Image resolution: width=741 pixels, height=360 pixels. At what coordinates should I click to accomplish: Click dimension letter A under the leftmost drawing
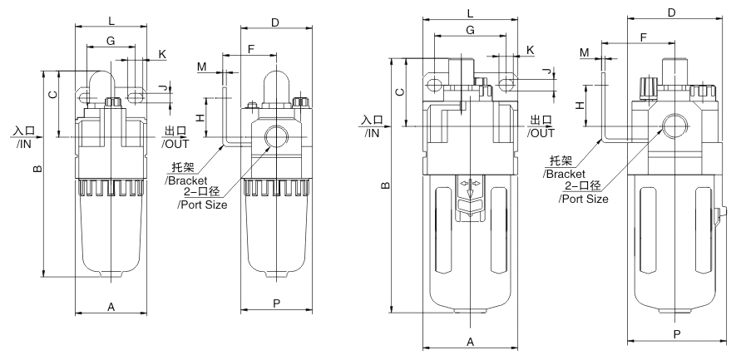coord(111,306)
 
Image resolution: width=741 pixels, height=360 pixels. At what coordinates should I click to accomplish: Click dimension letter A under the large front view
coord(470,342)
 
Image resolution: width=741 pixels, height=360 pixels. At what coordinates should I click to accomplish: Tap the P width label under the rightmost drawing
coord(677,333)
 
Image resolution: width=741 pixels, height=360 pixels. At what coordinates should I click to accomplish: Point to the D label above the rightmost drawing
coord(671,12)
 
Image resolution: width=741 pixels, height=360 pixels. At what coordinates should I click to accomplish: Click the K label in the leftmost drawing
coord(162,53)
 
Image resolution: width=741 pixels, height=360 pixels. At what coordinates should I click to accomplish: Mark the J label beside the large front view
coord(546,72)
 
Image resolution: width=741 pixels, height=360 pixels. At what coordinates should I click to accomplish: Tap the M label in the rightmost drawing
coord(585,52)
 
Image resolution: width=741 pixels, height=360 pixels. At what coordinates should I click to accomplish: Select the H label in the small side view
coord(200,117)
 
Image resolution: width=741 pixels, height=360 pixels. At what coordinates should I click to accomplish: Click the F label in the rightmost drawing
coord(643,37)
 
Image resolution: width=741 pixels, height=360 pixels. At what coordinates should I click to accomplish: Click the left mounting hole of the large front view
coord(434,84)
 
